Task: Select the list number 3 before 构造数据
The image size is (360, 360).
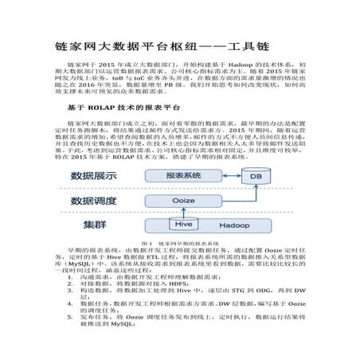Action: [84, 314]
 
